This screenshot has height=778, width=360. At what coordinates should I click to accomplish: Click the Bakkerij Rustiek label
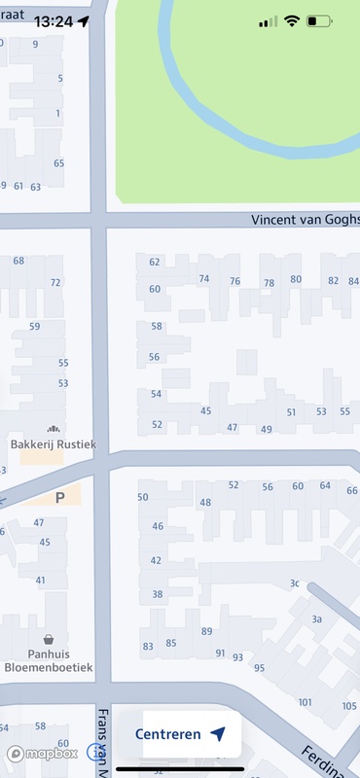(x=54, y=444)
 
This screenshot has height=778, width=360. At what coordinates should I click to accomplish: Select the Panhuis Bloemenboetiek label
(x=48, y=661)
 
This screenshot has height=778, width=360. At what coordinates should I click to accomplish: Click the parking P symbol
(x=59, y=497)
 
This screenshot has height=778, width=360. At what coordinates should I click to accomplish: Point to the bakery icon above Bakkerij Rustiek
(x=53, y=428)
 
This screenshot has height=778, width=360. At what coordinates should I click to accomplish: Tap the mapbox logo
(x=43, y=753)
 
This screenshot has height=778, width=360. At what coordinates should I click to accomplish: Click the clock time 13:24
(x=53, y=20)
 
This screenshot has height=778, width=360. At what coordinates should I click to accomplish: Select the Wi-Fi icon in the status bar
(x=291, y=20)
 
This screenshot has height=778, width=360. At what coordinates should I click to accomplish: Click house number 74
(x=203, y=279)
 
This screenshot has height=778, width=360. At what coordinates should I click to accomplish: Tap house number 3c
(x=294, y=583)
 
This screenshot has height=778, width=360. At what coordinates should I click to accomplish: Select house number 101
(x=306, y=702)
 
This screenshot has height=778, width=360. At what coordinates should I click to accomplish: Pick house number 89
(x=206, y=632)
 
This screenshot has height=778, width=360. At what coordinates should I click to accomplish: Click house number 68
(x=18, y=261)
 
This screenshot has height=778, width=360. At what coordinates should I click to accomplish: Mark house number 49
(x=267, y=429)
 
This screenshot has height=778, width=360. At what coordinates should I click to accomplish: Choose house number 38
(x=157, y=594)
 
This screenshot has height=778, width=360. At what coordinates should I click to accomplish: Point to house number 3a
(x=316, y=619)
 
